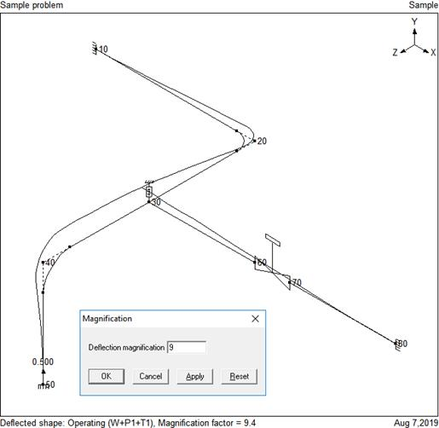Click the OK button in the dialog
pyautogui.click(x=107, y=376)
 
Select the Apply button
pyautogui.click(x=195, y=376)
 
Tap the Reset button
pyautogui.click(x=240, y=376)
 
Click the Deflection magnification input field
pyautogui.click(x=187, y=347)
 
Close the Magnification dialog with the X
pyautogui.click(x=256, y=319)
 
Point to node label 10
pyautogui.click(x=103, y=49)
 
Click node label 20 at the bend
pyautogui.click(x=262, y=141)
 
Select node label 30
pyautogui.click(x=156, y=202)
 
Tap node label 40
pyautogui.click(x=50, y=262)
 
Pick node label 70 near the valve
pyautogui.click(x=297, y=282)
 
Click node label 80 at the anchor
pyautogui.click(x=402, y=344)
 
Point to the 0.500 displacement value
pyautogui.click(x=43, y=361)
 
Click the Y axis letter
pyautogui.click(x=414, y=21)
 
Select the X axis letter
pyautogui.click(x=433, y=52)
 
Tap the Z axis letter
pyautogui.click(x=395, y=52)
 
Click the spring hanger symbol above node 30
pyautogui.click(x=149, y=192)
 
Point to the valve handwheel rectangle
pyautogui.click(x=273, y=240)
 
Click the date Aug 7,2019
pyautogui.click(x=416, y=423)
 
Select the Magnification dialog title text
pyautogui.click(x=107, y=319)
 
